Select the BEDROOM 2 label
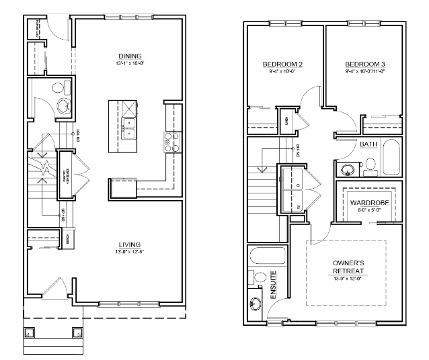(282, 64)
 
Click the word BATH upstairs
(368, 144)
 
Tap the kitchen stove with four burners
(171, 142)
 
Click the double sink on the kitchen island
(128, 123)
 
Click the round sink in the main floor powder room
(65, 106)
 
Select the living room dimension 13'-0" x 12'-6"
(129, 252)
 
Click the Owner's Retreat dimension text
(348, 279)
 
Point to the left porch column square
(28, 331)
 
